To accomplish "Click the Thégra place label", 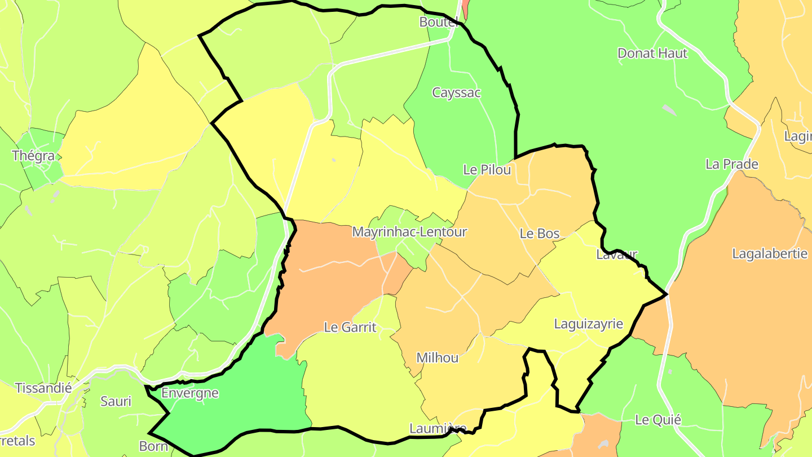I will coord(33,156).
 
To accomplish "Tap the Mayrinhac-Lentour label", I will coord(409,231).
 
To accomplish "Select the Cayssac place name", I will coord(456,93).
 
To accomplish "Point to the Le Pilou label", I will coord(487,169).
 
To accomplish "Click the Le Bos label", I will coord(539,234).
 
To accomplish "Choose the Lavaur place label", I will coord(616,254).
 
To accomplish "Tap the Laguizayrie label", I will coord(588,324).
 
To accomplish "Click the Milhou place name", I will coord(437,358).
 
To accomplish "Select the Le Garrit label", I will coord(350,327).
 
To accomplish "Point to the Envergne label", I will coord(189,393).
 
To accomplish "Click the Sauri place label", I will coord(116,402).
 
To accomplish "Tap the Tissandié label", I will coord(43,388).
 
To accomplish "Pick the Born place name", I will coord(153,446).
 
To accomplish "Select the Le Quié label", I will coord(657,420).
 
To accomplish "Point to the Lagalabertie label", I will coord(769,253).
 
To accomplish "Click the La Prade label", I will coord(732,164).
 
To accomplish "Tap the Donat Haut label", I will coord(652,54).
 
